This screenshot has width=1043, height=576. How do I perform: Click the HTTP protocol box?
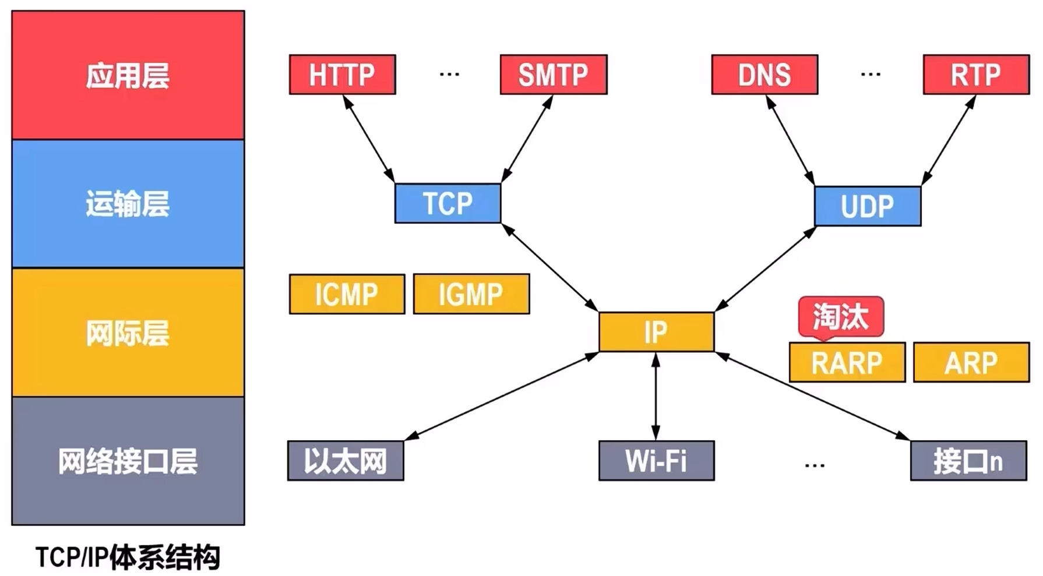coord(342,75)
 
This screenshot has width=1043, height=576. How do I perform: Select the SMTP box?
coord(553,75)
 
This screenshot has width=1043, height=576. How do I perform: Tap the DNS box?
coord(764,75)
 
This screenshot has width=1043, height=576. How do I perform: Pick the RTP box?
coord(976,75)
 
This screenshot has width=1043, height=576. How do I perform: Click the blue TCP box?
coord(447,203)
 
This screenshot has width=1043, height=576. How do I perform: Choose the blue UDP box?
coord(867,206)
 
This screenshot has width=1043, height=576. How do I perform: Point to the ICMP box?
coord(347,294)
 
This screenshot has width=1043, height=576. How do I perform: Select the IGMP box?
coord(471,294)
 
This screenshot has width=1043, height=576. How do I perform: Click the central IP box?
coord(656,332)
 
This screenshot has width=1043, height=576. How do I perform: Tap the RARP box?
coord(847,363)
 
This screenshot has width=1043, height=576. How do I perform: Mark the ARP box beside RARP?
coord(971,363)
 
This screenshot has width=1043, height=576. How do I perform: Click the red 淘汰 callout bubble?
coord(841,317)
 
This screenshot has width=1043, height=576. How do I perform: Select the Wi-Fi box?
coord(656,461)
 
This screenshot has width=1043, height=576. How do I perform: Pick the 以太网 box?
coord(346,461)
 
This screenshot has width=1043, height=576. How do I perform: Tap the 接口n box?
coord(968,461)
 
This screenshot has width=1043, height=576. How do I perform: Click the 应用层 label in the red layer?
coord(128,76)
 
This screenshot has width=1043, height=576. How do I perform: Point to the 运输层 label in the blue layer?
coord(128,204)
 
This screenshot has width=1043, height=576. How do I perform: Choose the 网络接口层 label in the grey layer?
coord(128,461)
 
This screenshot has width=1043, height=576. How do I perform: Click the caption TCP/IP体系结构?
coord(128,557)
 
